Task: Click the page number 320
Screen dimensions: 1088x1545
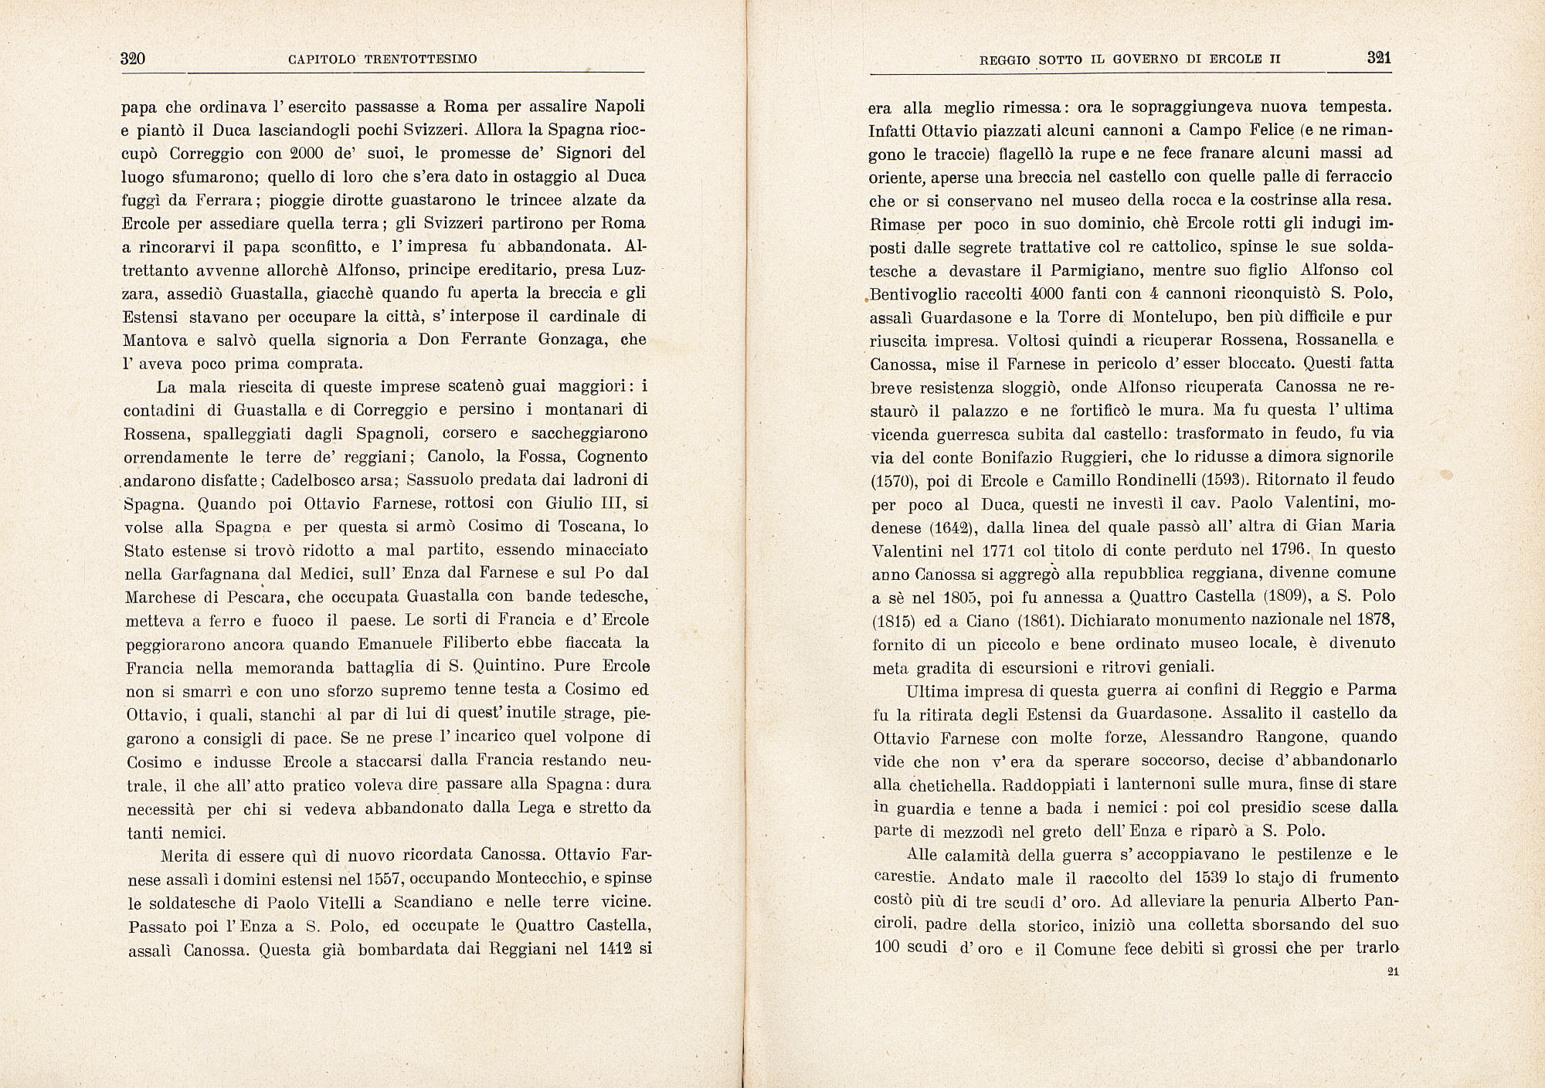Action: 134,59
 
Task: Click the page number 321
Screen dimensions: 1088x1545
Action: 1379,57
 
